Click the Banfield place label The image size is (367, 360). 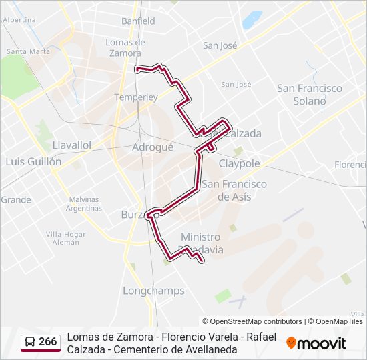tap(138, 21)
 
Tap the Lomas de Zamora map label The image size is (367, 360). tap(124, 47)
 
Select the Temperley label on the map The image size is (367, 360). tap(136, 97)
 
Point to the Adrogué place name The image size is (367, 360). tap(153, 147)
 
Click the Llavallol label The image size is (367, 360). tap(71, 145)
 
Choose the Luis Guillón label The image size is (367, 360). tap(33, 161)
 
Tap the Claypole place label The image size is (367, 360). tap(239, 163)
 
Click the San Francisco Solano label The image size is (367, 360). tap(310, 95)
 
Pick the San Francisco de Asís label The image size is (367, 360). tap(234, 190)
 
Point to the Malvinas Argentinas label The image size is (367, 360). tap(83, 203)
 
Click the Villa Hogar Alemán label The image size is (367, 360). tap(66, 238)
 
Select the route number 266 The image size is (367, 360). tap(48, 341)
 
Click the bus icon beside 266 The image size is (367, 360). tap(31, 342)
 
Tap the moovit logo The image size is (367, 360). tap(316, 343)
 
